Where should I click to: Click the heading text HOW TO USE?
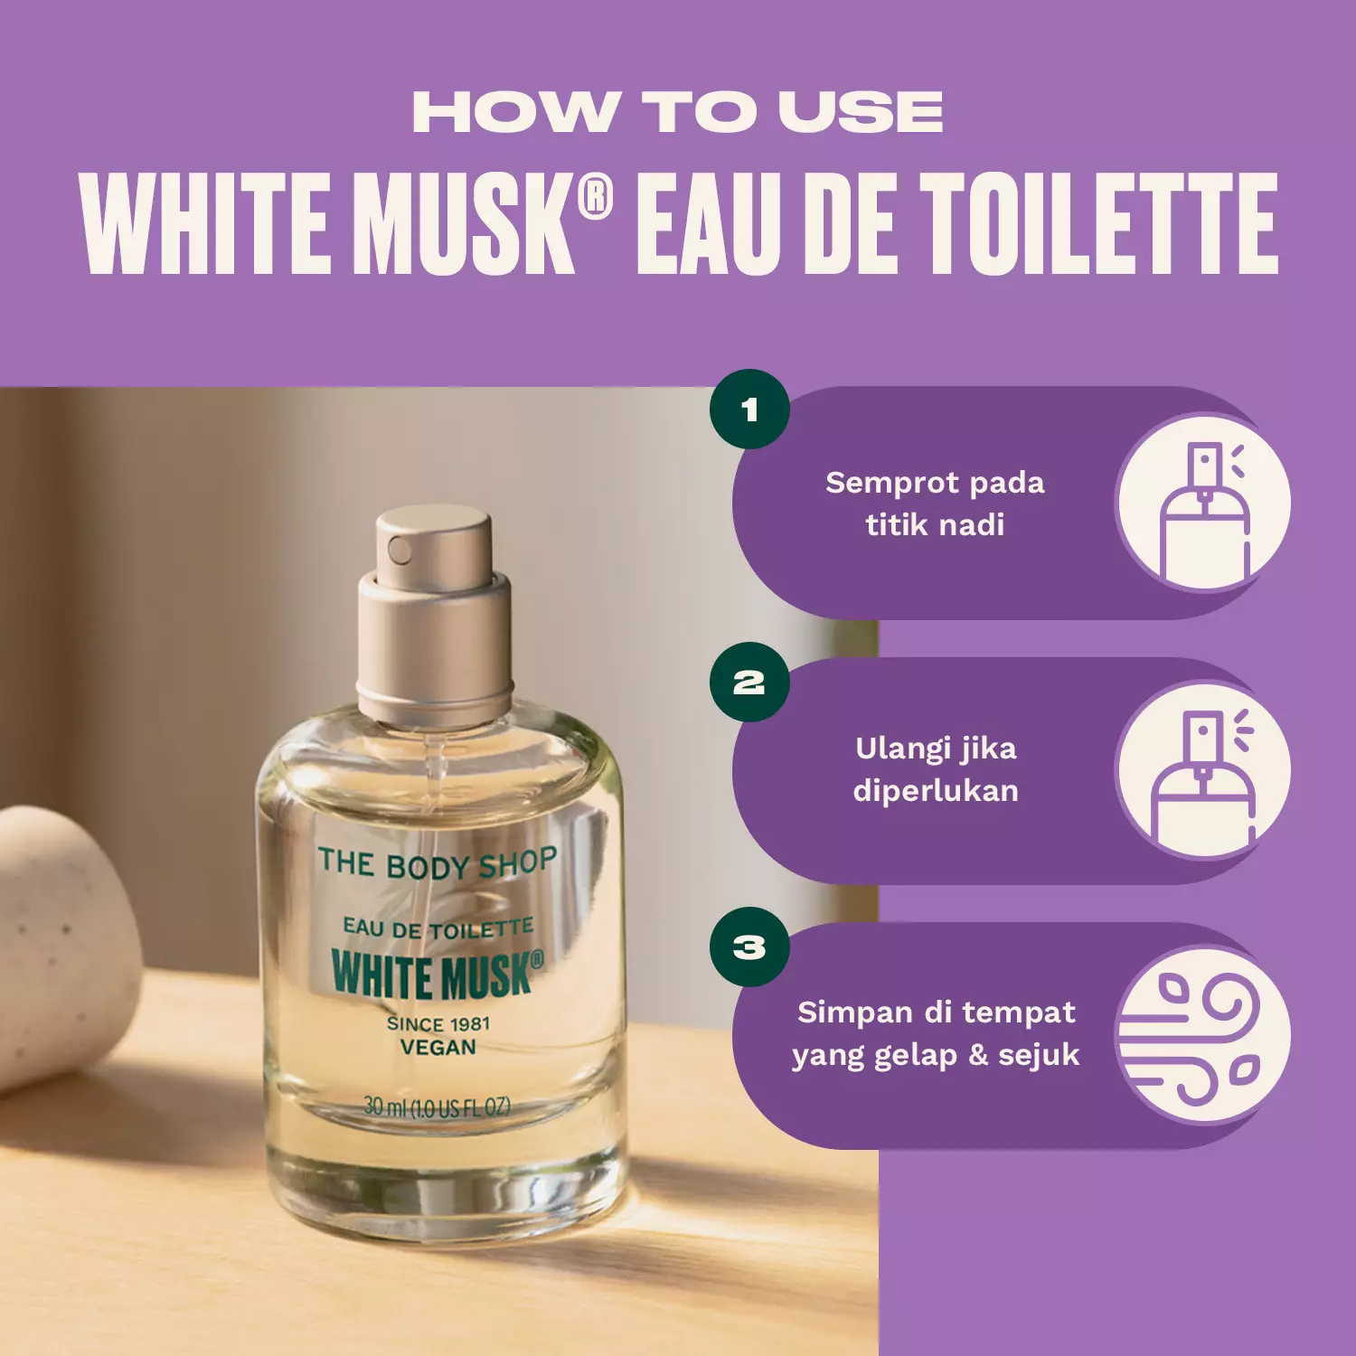click(x=678, y=112)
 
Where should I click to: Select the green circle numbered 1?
click(x=749, y=410)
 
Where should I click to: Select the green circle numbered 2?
click(x=749, y=682)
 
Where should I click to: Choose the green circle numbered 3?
click(x=749, y=946)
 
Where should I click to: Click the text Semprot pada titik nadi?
click(x=935, y=504)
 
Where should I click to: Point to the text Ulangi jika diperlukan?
click(x=936, y=769)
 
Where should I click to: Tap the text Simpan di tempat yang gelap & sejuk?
click(x=936, y=1033)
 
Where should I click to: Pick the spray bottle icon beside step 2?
click(x=1204, y=769)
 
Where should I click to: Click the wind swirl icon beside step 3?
click(x=1204, y=1035)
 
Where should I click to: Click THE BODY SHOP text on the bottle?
click(x=437, y=863)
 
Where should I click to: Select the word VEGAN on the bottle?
click(x=438, y=1048)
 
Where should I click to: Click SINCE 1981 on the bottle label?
click(x=438, y=1023)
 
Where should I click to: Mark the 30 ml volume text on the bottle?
click(x=438, y=1106)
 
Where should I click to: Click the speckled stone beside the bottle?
click(x=59, y=940)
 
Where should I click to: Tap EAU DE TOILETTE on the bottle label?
click(x=438, y=928)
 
